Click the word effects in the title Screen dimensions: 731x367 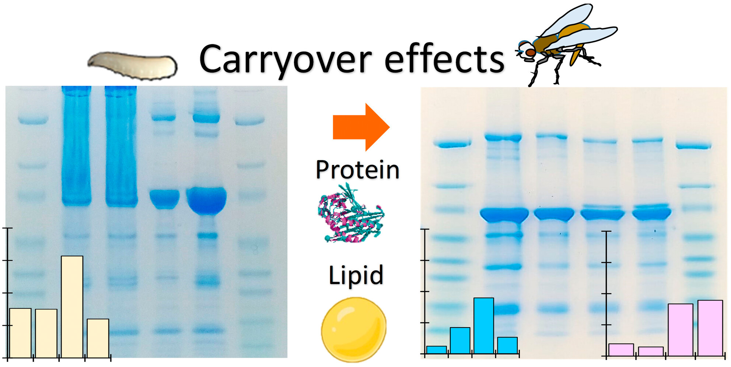tap(444, 58)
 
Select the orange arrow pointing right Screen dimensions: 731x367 tap(361, 127)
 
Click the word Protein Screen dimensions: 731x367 tap(358, 170)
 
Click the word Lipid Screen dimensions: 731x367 tap(356, 275)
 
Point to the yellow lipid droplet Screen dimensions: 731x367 tap(354, 329)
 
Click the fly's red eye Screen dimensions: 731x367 tap(530, 53)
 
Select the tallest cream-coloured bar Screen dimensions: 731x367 tap(72, 307)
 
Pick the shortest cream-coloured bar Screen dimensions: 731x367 tap(98, 338)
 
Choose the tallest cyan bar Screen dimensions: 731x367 tap(484, 326)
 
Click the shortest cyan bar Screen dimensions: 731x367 tap(436, 350)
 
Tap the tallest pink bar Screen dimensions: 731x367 tap(710, 328)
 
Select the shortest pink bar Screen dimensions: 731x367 tap(651, 352)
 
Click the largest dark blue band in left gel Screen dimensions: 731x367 tap(206, 200)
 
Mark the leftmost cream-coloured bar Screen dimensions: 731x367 tap(20, 333)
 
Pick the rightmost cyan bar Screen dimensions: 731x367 tap(507, 346)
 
